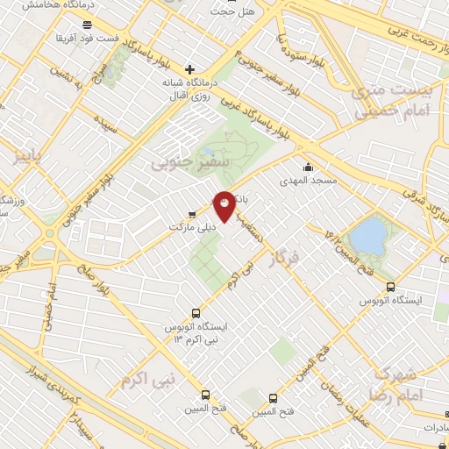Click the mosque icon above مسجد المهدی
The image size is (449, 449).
point(307,167)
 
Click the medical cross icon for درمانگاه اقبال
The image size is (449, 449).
point(190,68)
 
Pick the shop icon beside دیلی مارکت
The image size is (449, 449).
point(192,213)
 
